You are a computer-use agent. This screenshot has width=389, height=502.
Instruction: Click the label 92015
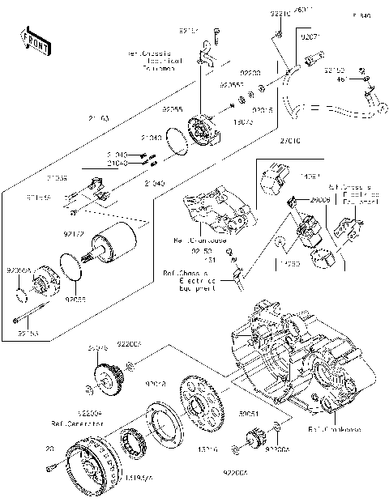click(x=262, y=108)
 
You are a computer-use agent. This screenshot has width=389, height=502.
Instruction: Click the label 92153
click(x=28, y=332)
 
